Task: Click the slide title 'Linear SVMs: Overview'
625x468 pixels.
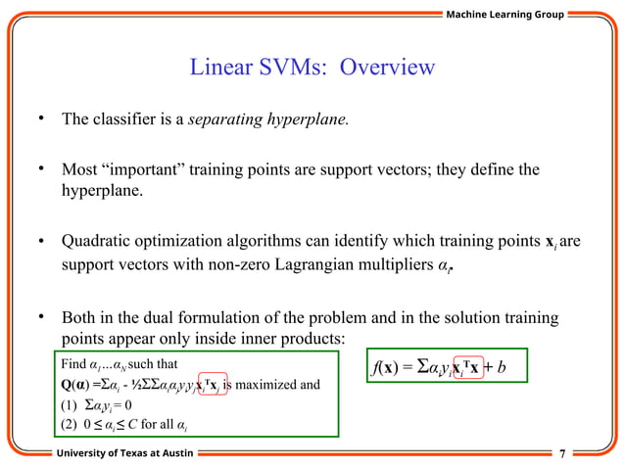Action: tap(312, 68)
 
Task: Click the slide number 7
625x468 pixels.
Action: tap(561, 454)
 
